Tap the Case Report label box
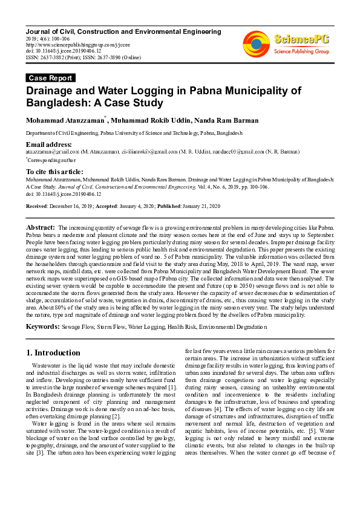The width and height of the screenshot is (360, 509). click(x=51, y=78)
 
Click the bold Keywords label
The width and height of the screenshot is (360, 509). click(x=42, y=326)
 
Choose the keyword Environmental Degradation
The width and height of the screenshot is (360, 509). click(x=232, y=327)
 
